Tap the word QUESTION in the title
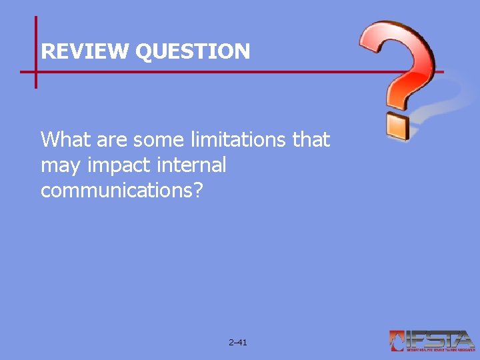coord(193,51)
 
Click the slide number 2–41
coord(237,343)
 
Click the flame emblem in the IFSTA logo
coord(397,341)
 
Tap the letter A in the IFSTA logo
coord(463,339)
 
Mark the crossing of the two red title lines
coord(35,71)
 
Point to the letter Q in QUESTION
coord(145,51)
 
